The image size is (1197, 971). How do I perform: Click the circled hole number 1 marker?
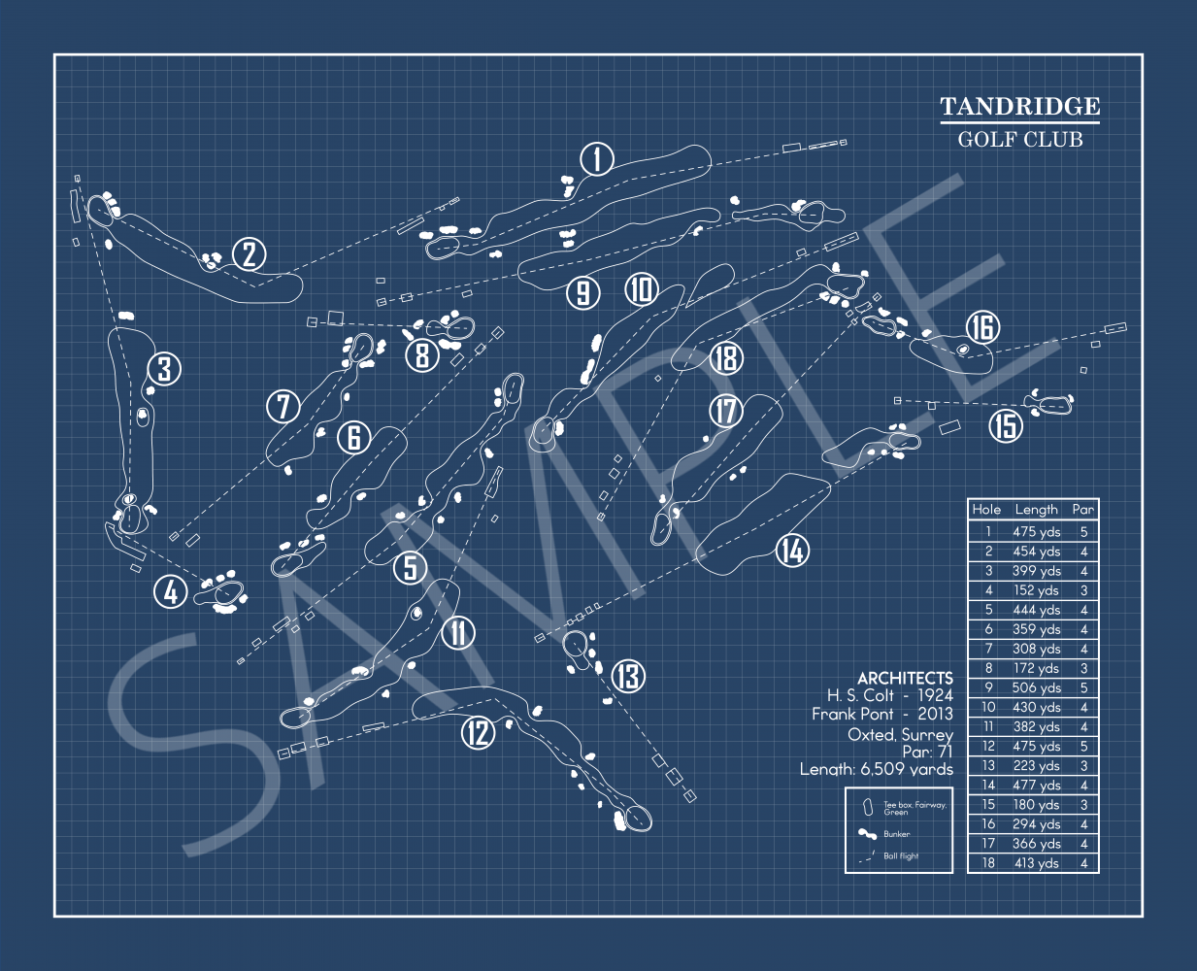tap(597, 158)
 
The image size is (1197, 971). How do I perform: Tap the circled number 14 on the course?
tap(792, 551)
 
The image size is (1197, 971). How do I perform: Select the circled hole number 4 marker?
tap(171, 590)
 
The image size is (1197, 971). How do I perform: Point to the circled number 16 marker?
tap(982, 327)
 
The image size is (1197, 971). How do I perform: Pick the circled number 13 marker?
tap(628, 676)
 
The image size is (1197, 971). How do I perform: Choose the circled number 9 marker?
tap(582, 292)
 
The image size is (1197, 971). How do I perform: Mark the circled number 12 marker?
tap(478, 731)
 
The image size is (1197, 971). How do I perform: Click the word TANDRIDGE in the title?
tap(1019, 107)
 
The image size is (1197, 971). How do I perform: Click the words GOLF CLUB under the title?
tap(1019, 139)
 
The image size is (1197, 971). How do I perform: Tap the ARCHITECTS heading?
tap(905, 678)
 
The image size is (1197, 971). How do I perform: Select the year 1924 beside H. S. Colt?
tap(935, 695)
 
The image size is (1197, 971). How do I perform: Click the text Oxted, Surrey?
tap(900, 734)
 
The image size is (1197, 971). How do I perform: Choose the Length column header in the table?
tap(1036, 509)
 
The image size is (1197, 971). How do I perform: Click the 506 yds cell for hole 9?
tap(1036, 687)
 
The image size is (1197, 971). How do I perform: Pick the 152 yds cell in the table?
tap(1036, 590)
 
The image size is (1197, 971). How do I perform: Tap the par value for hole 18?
tap(1083, 863)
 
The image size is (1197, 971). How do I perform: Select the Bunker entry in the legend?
tap(896, 834)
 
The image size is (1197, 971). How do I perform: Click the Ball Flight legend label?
tap(901, 856)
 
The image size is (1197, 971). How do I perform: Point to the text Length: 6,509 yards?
tap(876, 769)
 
